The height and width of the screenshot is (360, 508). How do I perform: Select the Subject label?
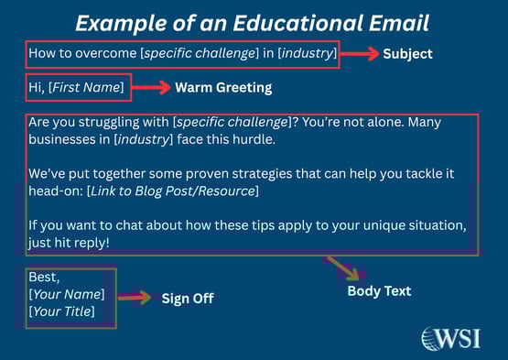(x=407, y=54)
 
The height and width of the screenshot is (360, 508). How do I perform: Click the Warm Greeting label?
(x=225, y=88)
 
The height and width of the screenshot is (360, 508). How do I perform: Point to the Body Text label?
(x=379, y=291)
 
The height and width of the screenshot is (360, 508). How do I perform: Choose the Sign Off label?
(x=189, y=298)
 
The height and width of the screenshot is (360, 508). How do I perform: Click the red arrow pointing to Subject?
(x=360, y=54)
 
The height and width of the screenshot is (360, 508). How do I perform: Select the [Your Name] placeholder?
(x=66, y=295)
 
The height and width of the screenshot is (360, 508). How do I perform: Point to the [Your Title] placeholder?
(x=63, y=311)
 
